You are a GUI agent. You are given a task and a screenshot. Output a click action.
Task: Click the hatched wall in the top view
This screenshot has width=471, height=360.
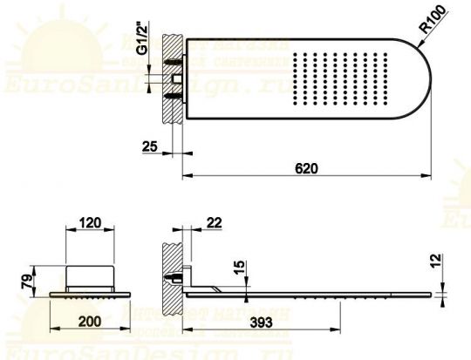173,78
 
